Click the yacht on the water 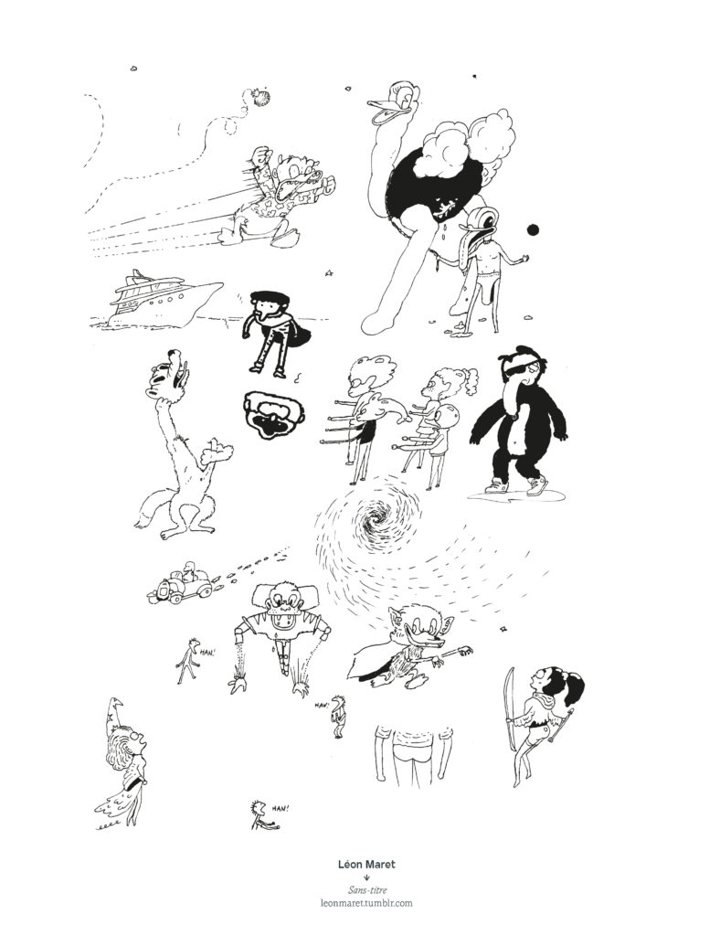(x=155, y=299)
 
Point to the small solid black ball (x=533, y=229)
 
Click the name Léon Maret (x=366, y=864)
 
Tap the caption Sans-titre (x=366, y=890)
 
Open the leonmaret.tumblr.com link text (x=366, y=902)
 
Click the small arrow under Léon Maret (x=366, y=877)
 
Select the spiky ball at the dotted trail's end (x=260, y=97)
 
